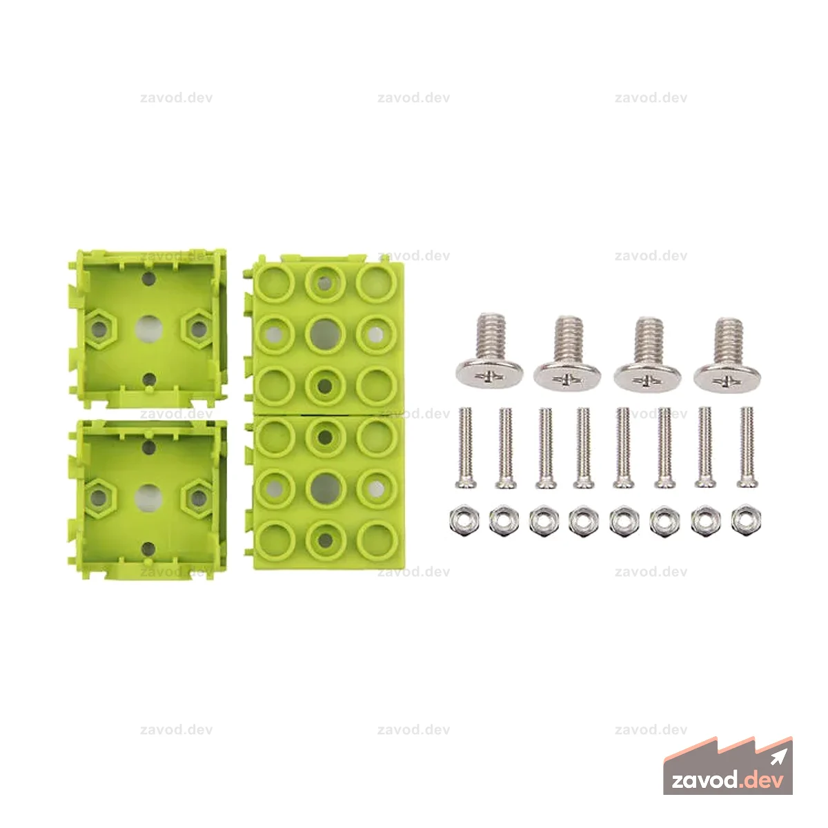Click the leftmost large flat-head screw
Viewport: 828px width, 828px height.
489,353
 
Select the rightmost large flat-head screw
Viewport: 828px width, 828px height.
727,356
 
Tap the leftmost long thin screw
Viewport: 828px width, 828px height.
465,448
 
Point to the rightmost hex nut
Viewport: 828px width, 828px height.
746,521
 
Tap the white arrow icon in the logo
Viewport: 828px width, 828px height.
778,758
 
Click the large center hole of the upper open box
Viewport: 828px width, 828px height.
148,329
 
